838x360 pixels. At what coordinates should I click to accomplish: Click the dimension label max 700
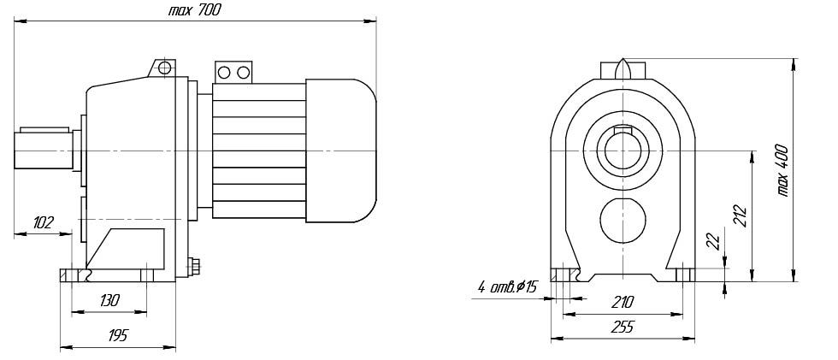click(193, 10)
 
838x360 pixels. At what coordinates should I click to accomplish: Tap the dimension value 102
click(44, 222)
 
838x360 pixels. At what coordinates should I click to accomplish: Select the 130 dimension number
click(109, 301)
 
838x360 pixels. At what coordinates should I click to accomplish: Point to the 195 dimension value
click(118, 335)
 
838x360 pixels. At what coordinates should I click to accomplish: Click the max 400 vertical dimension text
click(783, 170)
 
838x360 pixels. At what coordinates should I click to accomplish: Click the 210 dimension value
click(623, 303)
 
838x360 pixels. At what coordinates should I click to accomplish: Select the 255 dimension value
click(623, 327)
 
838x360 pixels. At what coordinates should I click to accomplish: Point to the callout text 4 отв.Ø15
click(506, 288)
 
